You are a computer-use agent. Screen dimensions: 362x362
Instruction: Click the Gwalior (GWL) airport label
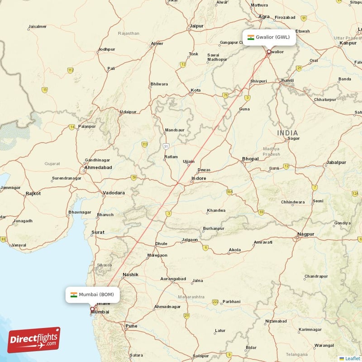pos(270,37)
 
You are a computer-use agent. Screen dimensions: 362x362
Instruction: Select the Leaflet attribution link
pos(352,358)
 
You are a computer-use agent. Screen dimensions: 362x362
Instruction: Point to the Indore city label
pos(199,178)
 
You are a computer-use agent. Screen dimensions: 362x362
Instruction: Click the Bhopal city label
pos(250,159)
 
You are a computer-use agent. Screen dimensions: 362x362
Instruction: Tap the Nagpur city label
pos(306,234)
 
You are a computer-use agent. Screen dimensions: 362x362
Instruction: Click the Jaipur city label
pos(197,26)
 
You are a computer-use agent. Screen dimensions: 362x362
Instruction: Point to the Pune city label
pos(131,326)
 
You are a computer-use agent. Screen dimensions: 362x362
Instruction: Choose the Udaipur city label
pos(128,112)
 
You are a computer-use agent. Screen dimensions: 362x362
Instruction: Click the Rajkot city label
pos(33,194)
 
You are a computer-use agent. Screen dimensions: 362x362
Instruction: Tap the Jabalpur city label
pos(336,162)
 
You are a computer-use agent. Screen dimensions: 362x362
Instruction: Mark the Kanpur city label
pos(348,43)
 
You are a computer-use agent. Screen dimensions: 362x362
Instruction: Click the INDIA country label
pos(288,133)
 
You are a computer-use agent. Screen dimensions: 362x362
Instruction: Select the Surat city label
pos(98,233)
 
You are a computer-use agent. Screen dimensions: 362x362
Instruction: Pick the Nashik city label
pos(130,275)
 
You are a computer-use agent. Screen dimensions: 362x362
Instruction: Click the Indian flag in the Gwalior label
pos(251,37)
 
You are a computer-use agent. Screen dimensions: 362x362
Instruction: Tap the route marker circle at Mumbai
pos(92,310)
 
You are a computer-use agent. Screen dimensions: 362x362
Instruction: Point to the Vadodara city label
pos(114,193)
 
